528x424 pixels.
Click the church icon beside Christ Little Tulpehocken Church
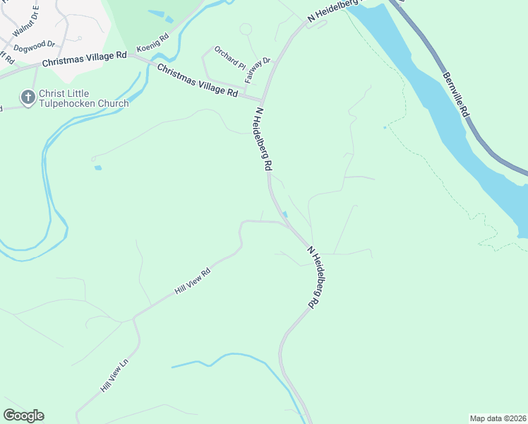pyautogui.click(x=28, y=98)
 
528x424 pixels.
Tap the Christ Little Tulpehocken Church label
pyautogui.click(x=84, y=98)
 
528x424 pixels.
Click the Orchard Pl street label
pyautogui.click(x=229, y=58)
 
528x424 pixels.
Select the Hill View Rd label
pyautogui.click(x=193, y=282)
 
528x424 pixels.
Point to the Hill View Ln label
pyautogui.click(x=116, y=376)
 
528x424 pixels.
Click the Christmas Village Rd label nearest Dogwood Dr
pyautogui.click(x=84, y=59)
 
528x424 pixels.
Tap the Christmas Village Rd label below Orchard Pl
pyautogui.click(x=197, y=81)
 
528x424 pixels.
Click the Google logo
pyautogui.click(x=23, y=416)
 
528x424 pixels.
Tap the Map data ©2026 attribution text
pyautogui.click(x=498, y=418)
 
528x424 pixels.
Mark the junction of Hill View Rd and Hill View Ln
pyautogui.click(x=133, y=318)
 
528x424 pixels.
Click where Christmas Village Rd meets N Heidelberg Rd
pyautogui.click(x=263, y=100)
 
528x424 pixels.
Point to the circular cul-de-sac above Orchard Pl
pyautogui.click(x=246, y=29)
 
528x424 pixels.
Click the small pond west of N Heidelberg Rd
pyautogui.click(x=97, y=167)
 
